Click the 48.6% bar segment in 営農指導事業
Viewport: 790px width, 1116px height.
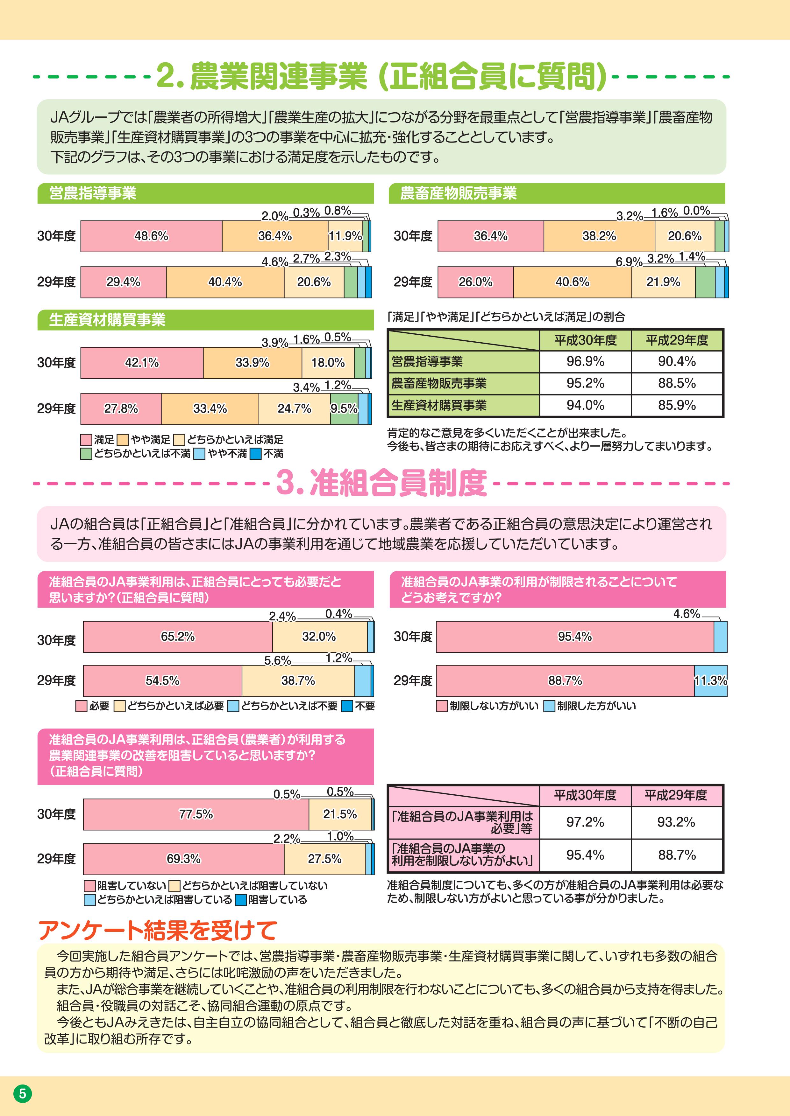coord(151,236)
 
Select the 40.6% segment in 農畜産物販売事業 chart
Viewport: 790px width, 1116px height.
coord(572,282)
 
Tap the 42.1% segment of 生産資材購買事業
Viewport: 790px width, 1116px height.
coord(142,363)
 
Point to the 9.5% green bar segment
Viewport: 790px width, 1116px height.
coord(344,409)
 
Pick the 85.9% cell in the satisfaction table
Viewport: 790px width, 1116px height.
coord(677,405)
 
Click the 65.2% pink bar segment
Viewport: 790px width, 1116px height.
coord(178,637)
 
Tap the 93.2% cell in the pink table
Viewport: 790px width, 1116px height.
coord(676,822)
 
